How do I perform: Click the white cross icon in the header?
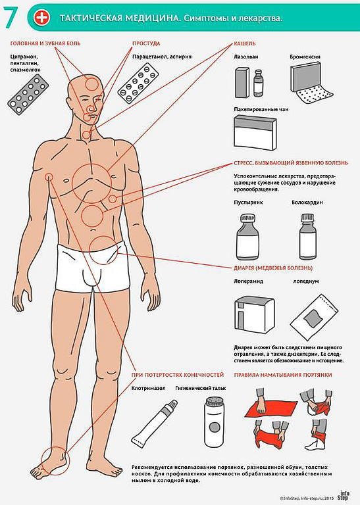tap(42, 17)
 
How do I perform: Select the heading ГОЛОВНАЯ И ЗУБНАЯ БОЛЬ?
tap(45, 43)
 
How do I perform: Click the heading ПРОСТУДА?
tap(146, 43)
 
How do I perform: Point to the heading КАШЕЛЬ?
tap(245, 43)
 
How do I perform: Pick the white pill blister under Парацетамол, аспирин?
tap(138, 83)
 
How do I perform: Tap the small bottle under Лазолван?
tap(259, 84)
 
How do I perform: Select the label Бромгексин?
tap(305, 57)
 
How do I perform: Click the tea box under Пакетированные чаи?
tap(255, 133)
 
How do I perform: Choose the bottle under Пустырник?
tap(248, 237)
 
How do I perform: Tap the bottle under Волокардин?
tap(307, 237)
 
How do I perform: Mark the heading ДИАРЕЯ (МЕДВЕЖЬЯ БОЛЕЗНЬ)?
tap(273, 268)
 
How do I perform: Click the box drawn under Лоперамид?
tap(254, 315)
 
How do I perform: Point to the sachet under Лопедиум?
tap(314, 317)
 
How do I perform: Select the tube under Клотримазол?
tap(155, 422)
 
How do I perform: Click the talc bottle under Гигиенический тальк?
tap(214, 422)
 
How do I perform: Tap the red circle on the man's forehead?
tap(92, 84)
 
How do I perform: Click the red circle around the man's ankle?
tap(55, 460)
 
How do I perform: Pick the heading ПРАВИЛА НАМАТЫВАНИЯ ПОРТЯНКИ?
tap(282, 375)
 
